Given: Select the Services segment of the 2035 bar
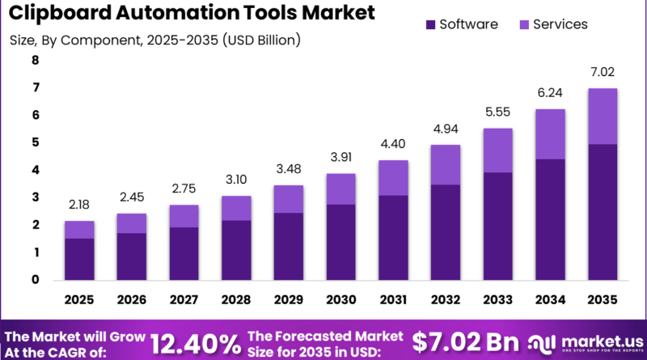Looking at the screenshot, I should [603, 116].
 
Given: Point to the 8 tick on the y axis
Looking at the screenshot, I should [35, 60].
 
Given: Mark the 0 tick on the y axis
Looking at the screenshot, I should [35, 280].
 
